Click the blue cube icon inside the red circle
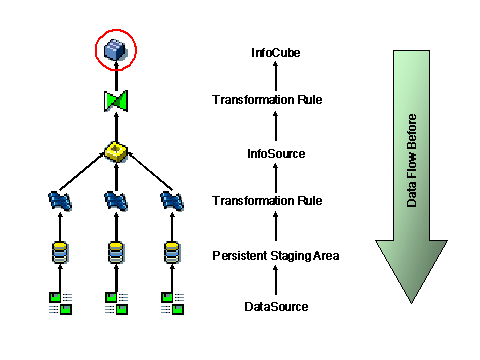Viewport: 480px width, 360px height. pos(118,49)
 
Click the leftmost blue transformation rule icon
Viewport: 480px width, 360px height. pos(61,201)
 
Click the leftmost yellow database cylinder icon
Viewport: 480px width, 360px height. pos(61,250)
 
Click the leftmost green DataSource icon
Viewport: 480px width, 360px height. pos(61,302)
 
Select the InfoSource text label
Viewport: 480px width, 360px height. pos(275,153)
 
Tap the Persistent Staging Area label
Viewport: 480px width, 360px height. pos(275,256)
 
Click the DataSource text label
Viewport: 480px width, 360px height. pos(275,307)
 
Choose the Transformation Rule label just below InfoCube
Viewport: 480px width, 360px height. pos(267,99)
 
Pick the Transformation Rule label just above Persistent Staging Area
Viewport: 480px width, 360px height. pos(267,202)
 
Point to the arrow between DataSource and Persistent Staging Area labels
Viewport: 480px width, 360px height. pos(275,281)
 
